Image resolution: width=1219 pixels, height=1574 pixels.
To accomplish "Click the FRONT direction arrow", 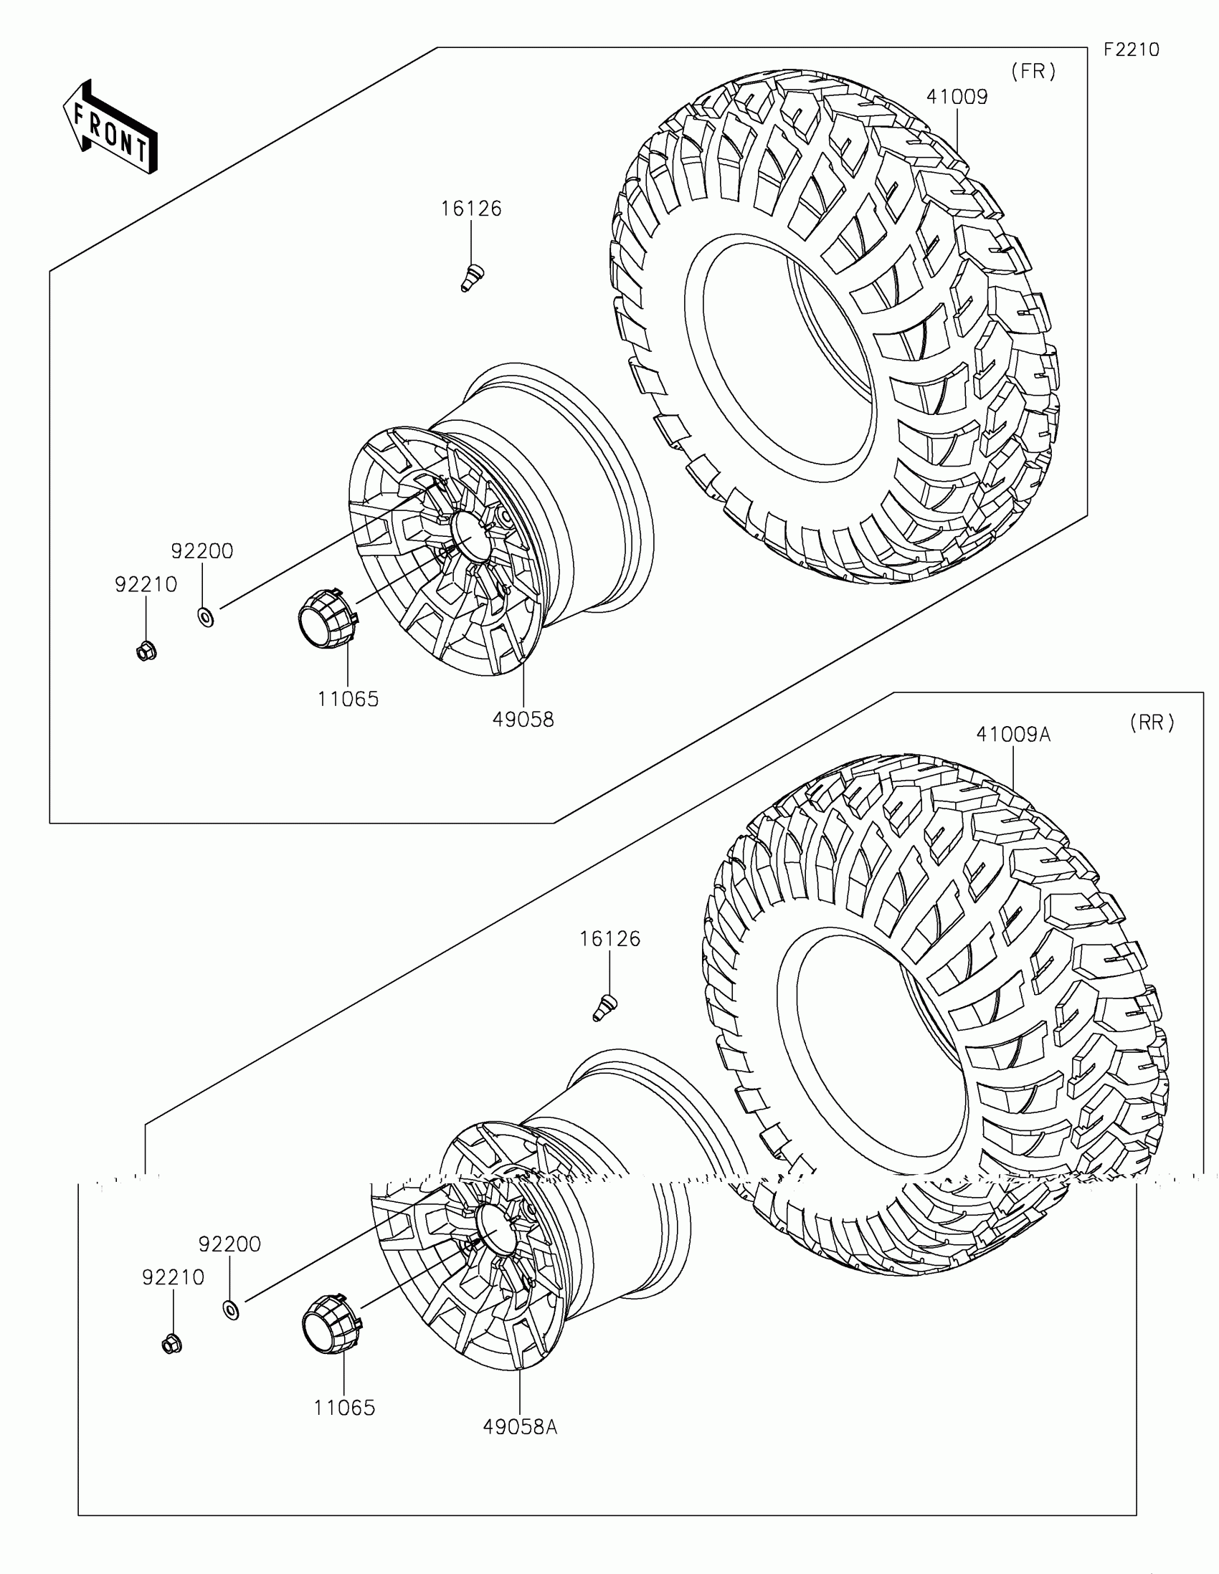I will (110, 128).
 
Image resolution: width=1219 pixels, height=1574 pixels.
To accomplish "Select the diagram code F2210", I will (1132, 49).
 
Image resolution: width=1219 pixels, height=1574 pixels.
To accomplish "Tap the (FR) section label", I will (1033, 72).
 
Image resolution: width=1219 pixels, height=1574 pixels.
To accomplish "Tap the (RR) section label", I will (1152, 722).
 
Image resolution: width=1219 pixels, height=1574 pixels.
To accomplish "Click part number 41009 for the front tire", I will (957, 97).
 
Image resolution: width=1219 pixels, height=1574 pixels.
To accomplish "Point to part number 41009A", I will (1012, 735).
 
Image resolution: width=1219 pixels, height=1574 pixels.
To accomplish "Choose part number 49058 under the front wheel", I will (523, 719).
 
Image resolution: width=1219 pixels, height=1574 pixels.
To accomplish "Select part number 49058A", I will (520, 1427).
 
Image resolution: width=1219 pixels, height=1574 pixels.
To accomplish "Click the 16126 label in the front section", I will (470, 209).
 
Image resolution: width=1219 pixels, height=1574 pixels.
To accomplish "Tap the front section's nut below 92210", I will (146, 651).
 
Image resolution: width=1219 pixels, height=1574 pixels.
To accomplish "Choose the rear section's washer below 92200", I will (231, 1309).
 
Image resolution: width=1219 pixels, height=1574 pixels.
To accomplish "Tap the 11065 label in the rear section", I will (345, 1408).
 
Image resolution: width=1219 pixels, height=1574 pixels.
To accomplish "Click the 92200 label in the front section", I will (201, 551).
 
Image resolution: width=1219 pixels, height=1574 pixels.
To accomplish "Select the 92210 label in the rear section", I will (173, 1278).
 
